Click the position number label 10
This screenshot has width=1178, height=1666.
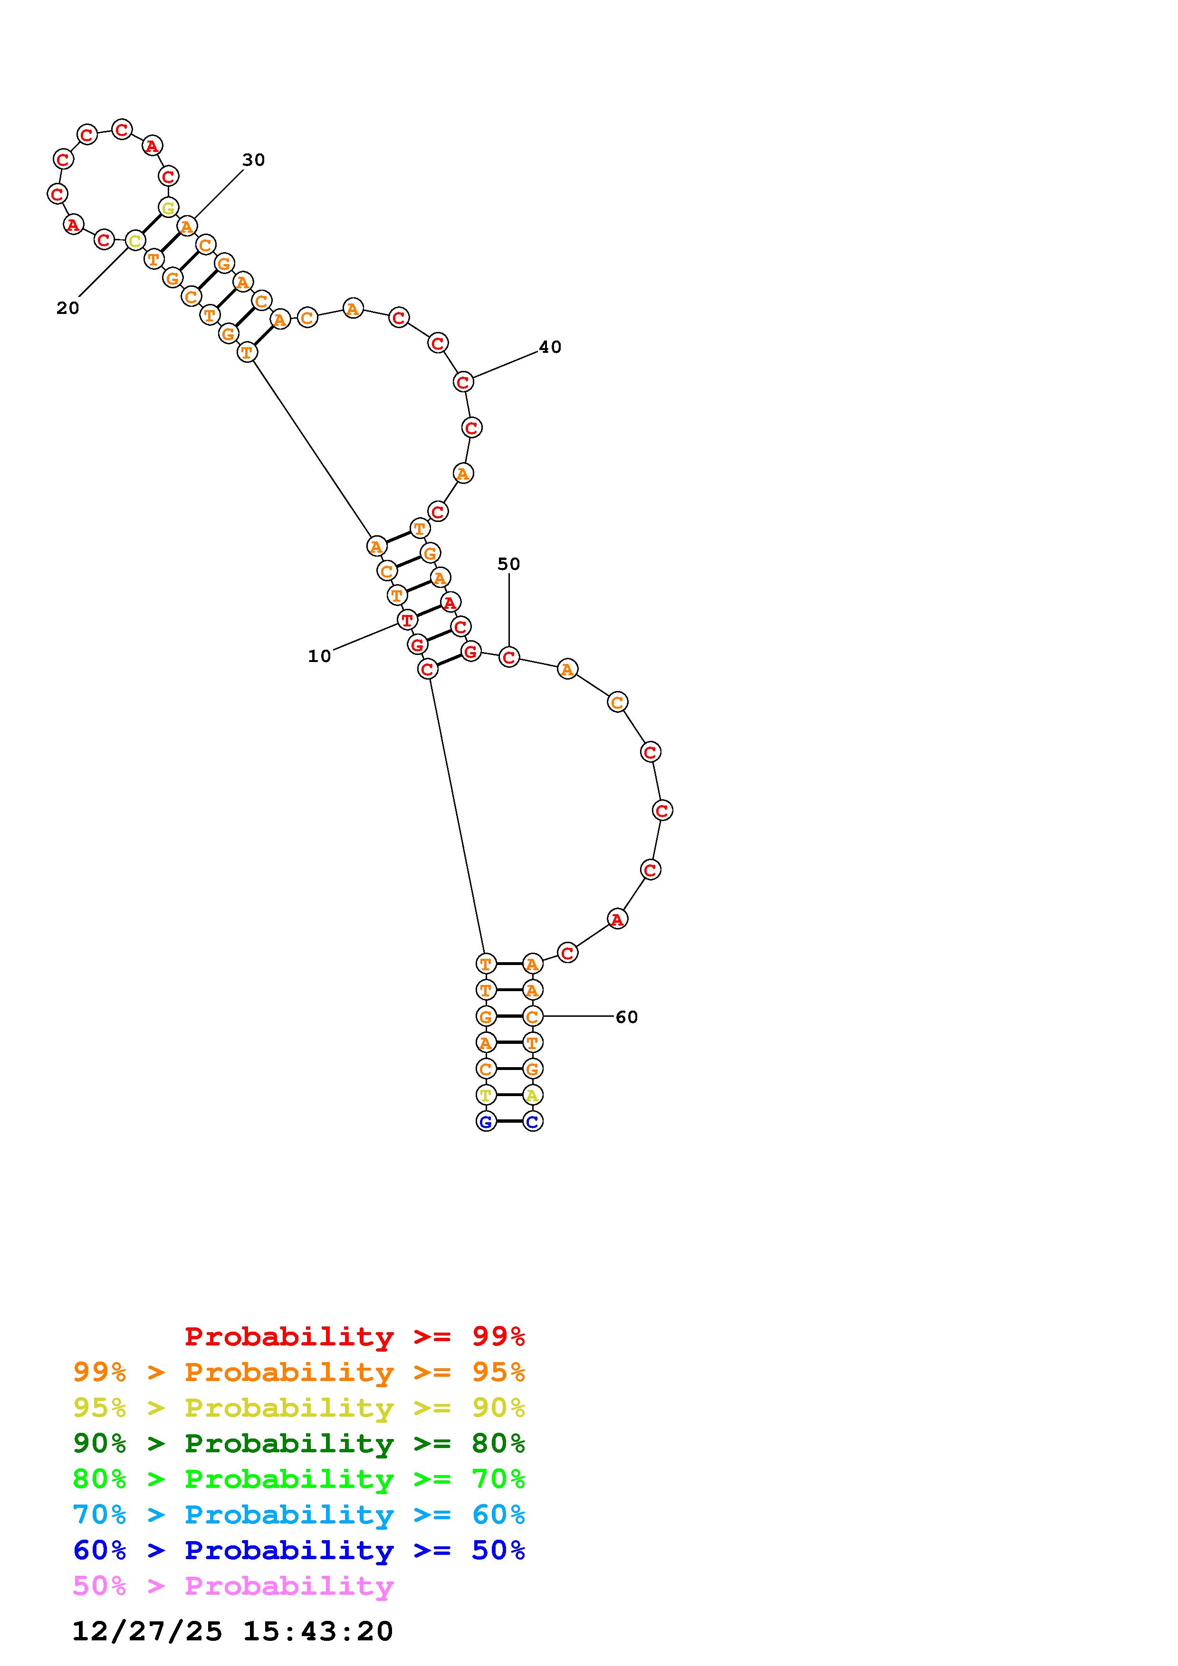coord(319,656)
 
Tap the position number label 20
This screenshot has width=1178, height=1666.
coord(67,308)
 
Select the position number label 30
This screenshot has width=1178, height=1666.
coord(253,160)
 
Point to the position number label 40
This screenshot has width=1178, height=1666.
coord(550,347)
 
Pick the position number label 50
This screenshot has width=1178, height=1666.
coord(509,564)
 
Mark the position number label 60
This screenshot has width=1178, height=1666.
coord(626,1017)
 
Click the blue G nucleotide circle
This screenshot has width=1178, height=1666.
coord(486,1122)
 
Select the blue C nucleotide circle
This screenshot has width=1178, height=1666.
coord(533,1122)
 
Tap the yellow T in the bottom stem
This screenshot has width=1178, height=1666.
coord(486,1095)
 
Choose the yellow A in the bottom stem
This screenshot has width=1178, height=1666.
coord(533,1095)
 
